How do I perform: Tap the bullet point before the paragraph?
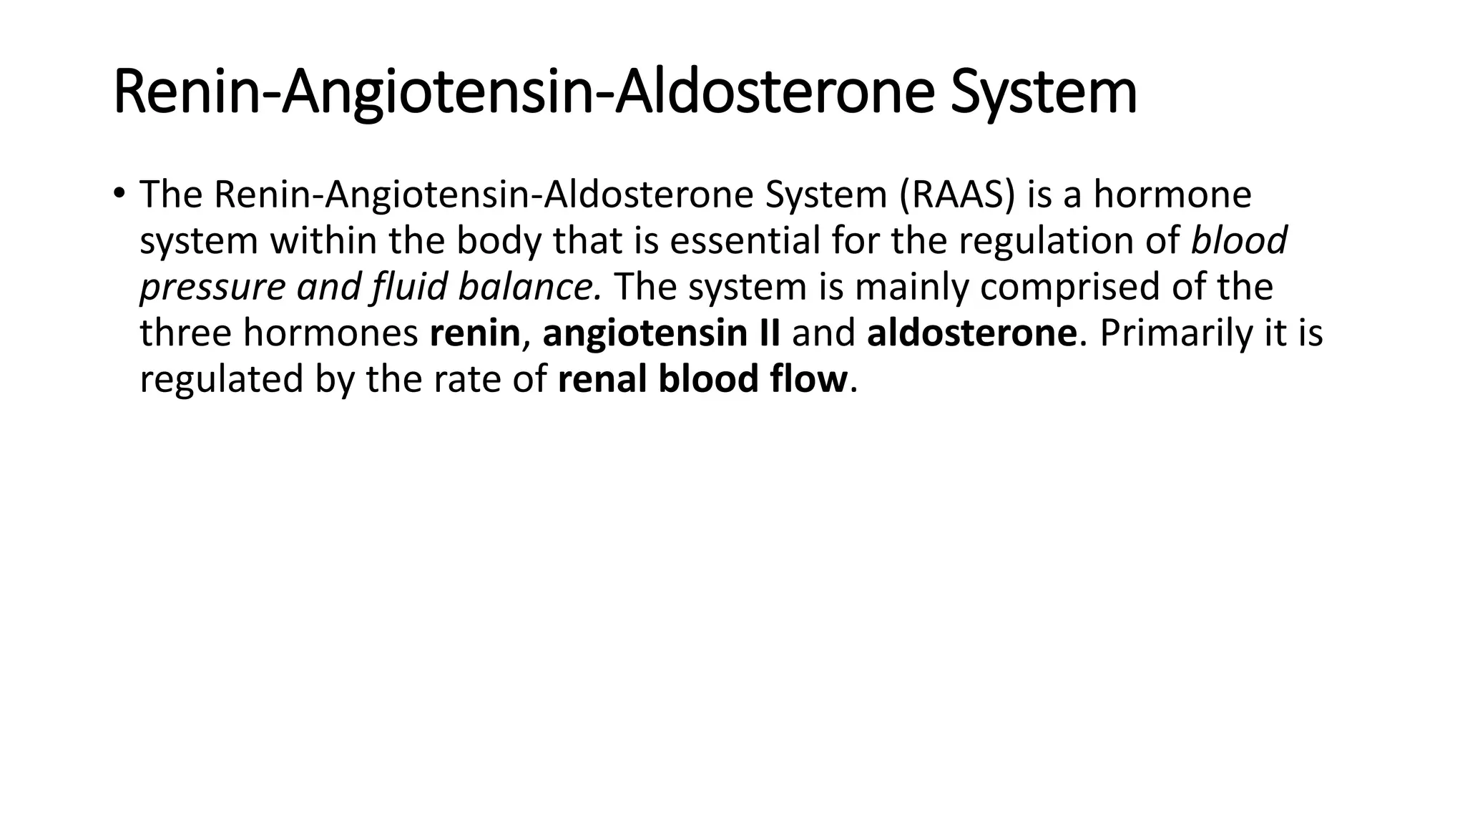119,192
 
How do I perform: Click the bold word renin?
474,333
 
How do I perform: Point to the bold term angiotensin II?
661,333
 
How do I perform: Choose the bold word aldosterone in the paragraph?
971,333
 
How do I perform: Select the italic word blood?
1238,240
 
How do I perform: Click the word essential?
744,240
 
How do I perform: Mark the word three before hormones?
185,333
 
